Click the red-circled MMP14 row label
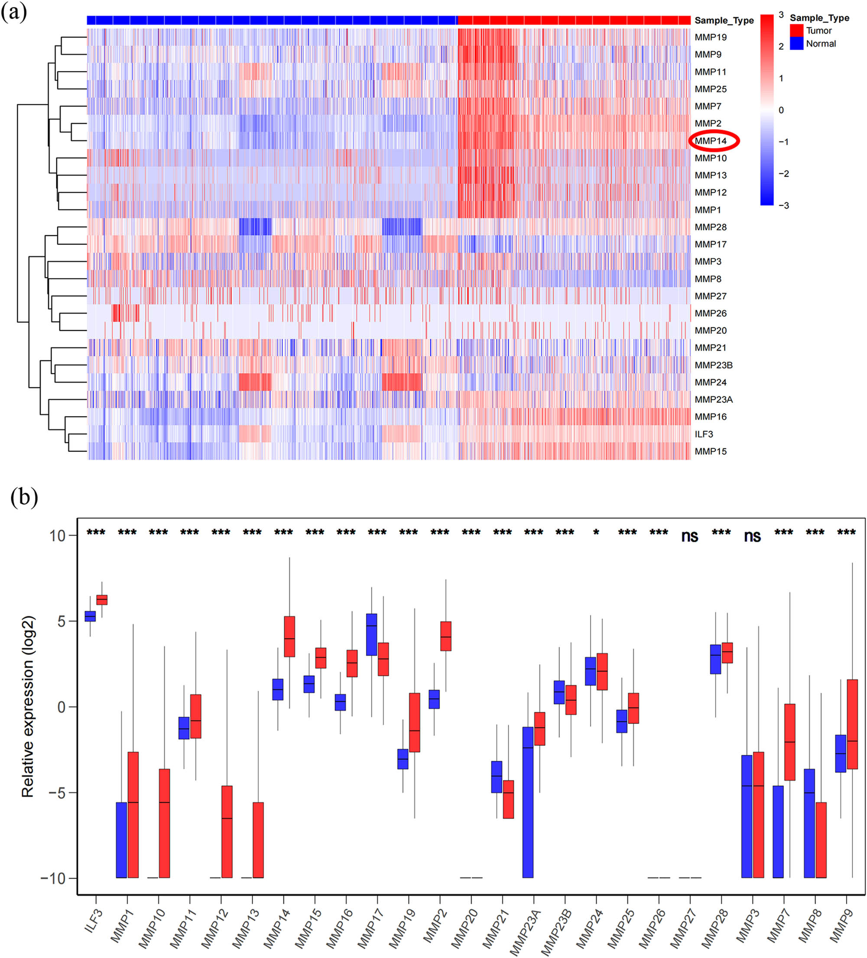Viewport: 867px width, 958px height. [x=711, y=141]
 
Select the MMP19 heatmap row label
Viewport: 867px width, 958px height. [x=711, y=37]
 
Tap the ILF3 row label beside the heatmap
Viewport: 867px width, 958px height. [x=704, y=434]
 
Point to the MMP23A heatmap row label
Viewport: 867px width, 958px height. [x=714, y=400]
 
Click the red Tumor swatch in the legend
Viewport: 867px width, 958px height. [x=797, y=31]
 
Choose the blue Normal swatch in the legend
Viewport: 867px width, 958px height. [x=797, y=44]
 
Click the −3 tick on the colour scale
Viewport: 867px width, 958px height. [x=783, y=205]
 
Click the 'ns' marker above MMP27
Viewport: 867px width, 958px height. [x=690, y=537]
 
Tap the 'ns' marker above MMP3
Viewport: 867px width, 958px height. [x=752, y=537]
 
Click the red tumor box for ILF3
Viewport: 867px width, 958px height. [x=102, y=600]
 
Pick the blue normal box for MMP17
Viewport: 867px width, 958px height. [x=371, y=634]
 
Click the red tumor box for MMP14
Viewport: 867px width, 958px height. [x=289, y=636]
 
